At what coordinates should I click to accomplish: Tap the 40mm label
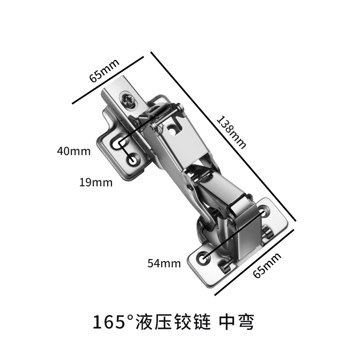(74, 151)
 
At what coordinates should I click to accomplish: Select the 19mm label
(96, 182)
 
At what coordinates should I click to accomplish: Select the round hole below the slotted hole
(133, 159)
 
